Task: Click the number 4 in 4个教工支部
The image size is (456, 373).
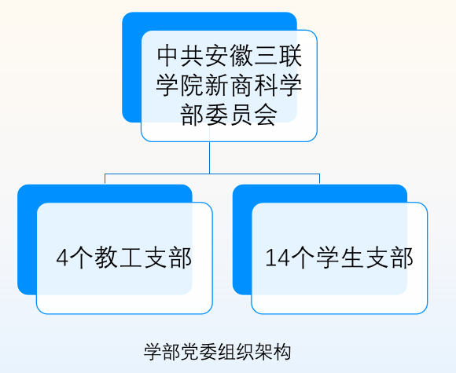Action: coord(62,258)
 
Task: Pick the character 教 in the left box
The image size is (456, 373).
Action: coord(105,258)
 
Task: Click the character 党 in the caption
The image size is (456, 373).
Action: coord(190,352)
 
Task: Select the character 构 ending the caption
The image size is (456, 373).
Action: coord(281,352)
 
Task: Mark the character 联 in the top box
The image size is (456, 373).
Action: coord(290,56)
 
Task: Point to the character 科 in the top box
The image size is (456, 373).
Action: coord(266,86)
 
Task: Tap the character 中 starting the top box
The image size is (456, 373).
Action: coord(168,56)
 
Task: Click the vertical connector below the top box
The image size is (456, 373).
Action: coord(209,158)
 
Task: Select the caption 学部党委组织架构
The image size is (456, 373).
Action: coord(218,352)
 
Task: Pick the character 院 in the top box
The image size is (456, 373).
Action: coord(193,86)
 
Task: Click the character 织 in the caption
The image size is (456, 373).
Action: coord(245,352)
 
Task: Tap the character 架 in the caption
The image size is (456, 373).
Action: coord(263,352)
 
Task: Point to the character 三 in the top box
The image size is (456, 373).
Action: coord(266,56)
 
